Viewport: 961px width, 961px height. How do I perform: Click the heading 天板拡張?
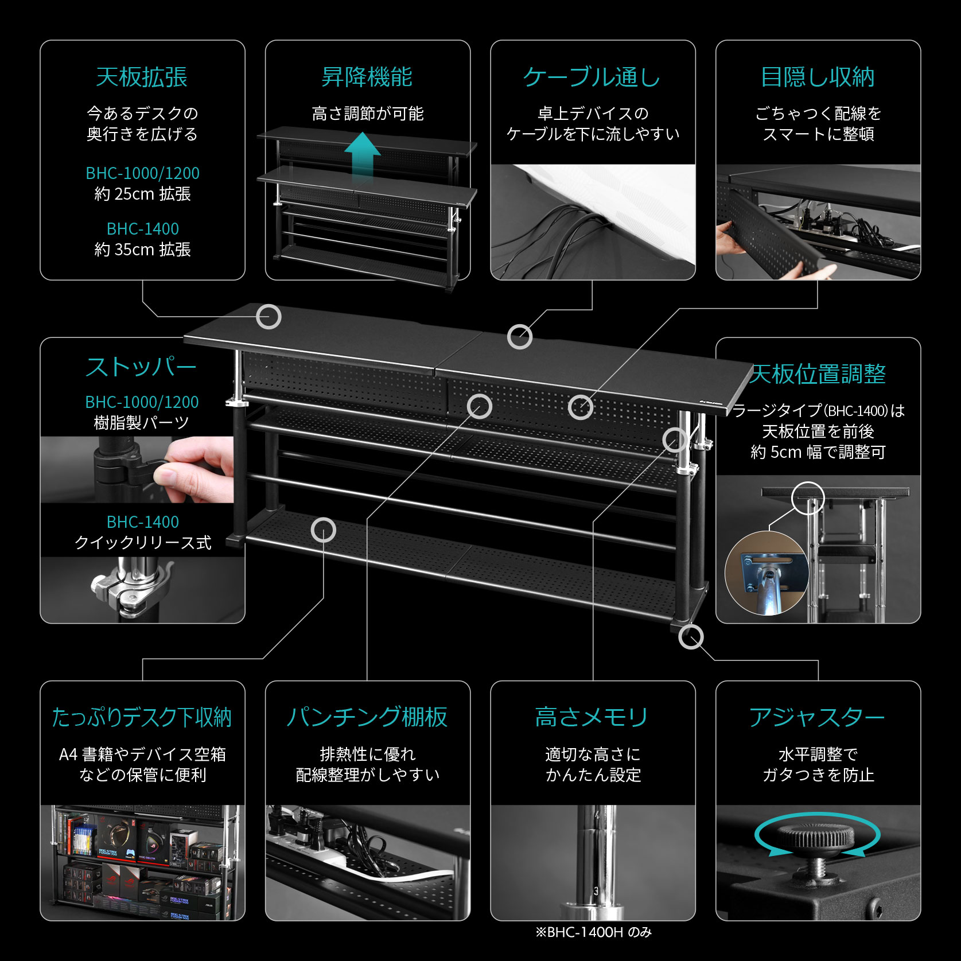(x=142, y=77)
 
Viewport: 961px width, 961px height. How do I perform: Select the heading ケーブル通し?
(x=592, y=77)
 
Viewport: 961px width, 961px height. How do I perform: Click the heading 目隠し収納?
(x=818, y=77)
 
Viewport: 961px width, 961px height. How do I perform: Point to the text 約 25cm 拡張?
(x=142, y=194)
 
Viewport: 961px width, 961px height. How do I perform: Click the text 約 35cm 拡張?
(x=142, y=250)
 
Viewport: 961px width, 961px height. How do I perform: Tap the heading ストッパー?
(x=141, y=367)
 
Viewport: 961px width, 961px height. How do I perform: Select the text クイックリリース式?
(x=142, y=543)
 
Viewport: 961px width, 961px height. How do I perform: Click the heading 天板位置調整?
(x=818, y=374)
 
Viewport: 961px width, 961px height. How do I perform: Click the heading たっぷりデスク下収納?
(x=142, y=717)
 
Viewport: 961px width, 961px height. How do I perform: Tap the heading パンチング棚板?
(x=367, y=717)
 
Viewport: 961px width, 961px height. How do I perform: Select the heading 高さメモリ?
(x=592, y=717)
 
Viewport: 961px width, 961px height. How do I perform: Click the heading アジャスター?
(x=817, y=717)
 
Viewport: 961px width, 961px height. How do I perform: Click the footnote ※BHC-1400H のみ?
(x=593, y=932)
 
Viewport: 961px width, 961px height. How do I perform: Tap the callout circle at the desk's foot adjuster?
(x=691, y=637)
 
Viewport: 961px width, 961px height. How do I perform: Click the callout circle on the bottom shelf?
(x=324, y=530)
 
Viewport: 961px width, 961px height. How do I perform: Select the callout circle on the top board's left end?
(x=269, y=317)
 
